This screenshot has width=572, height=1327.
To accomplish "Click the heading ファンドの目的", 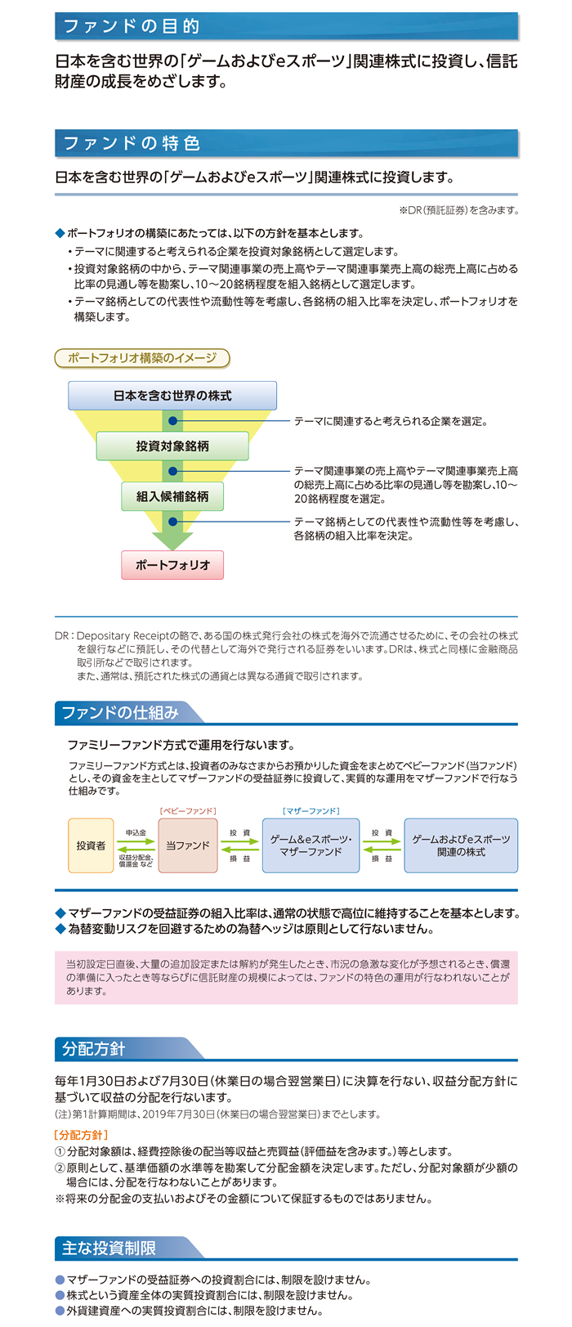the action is (132, 26).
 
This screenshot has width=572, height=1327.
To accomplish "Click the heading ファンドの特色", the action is (132, 143).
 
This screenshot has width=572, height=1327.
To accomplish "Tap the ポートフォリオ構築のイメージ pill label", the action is (142, 358).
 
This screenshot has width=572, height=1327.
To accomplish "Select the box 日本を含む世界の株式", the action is (172, 396).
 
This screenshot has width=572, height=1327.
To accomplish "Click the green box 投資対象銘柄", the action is (172, 446).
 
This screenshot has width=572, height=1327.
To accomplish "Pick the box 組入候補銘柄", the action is (172, 496).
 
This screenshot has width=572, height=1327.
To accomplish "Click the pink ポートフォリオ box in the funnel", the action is (172, 565).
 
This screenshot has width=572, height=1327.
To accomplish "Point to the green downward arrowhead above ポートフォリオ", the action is (172, 541).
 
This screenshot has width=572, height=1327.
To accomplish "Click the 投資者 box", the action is (91, 845).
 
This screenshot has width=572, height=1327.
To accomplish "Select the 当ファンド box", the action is (188, 845).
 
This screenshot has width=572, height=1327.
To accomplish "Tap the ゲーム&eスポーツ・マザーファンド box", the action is (311, 845).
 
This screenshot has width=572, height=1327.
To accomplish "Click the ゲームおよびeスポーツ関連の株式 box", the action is (461, 845).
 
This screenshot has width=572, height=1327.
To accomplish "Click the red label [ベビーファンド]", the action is (188, 811).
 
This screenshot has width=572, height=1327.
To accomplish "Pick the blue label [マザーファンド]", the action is (311, 811).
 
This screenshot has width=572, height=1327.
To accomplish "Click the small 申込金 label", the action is (136, 832).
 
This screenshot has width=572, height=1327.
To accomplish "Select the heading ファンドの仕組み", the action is (120, 713).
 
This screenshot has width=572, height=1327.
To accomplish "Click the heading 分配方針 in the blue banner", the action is (93, 1048).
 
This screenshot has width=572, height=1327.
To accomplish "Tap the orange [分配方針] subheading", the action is (81, 1135).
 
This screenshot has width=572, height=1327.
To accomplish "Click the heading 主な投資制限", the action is (109, 1248).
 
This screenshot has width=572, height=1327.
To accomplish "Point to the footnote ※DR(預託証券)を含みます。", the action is (459, 209).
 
